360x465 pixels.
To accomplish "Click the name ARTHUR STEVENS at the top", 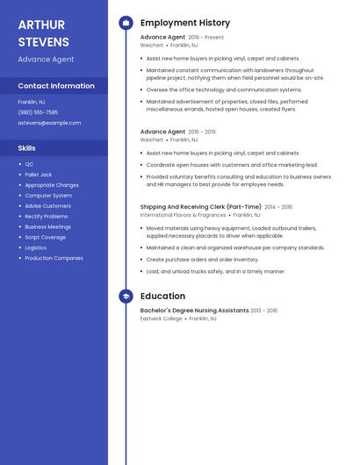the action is tap(43, 32).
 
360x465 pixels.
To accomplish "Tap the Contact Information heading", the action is tap(56, 86).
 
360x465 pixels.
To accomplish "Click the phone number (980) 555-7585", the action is tap(38, 112).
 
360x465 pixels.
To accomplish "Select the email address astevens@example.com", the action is tap(49, 123).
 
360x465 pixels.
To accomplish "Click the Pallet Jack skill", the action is tap(38, 175).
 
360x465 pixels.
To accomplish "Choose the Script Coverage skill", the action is tap(45, 237).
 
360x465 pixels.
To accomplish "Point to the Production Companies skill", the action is tap(54, 258).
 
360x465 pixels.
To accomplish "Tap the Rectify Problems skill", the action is tap(46, 216).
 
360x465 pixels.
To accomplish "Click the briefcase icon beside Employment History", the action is tap(126, 23).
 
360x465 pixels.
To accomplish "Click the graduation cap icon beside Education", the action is tap(126, 297).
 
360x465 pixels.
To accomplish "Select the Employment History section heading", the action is tap(185, 23).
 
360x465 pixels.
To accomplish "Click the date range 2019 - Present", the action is tap(205, 38).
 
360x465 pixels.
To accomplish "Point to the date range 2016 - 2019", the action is tap(201, 132).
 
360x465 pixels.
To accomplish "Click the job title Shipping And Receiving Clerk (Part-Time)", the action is tap(200, 207).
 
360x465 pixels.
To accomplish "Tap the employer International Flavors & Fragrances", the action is tap(183, 215).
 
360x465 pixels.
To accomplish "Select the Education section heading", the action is tap(162, 297).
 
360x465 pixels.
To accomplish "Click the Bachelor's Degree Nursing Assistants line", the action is tap(194, 311).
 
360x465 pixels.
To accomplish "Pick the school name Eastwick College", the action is tap(161, 318).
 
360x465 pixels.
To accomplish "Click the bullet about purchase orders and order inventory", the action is tap(202, 260).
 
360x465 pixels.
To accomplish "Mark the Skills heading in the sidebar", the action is tap(26, 148).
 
